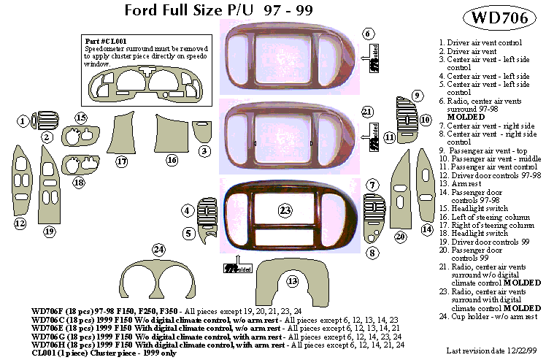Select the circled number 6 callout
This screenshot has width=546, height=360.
click(369, 34)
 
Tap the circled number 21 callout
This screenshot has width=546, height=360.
click(368, 112)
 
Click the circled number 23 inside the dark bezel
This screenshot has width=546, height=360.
click(286, 210)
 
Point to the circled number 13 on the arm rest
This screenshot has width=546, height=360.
click(293, 281)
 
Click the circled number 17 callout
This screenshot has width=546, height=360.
click(122, 161)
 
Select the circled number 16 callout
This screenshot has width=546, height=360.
click(172, 159)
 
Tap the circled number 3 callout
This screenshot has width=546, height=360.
click(204, 151)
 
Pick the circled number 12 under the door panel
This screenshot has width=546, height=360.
click(20, 223)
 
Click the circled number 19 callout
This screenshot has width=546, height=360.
click(50, 231)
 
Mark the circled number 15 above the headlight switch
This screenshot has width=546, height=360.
click(81, 118)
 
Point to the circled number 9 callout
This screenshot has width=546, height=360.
click(417, 96)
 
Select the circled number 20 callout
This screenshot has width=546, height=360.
click(400, 237)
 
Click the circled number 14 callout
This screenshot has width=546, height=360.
click(427, 229)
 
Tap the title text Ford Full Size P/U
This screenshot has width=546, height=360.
click(192, 10)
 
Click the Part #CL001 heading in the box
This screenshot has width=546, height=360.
click(101, 42)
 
